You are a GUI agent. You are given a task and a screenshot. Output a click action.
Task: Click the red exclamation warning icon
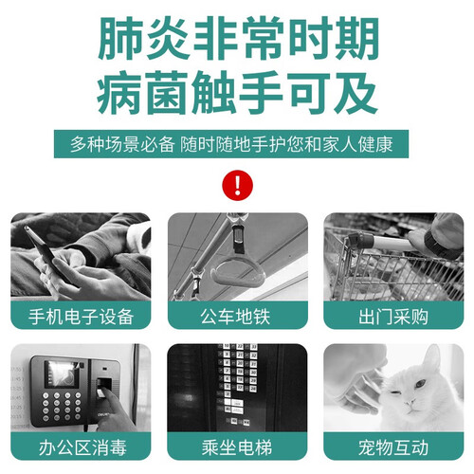pos(238,185)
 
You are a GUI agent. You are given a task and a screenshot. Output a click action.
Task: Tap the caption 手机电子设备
pos(81,317)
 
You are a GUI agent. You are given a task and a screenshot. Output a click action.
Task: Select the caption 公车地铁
pos(235,317)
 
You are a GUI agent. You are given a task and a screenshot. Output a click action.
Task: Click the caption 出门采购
pos(393,317)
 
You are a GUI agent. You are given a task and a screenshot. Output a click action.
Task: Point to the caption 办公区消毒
pos(82,447)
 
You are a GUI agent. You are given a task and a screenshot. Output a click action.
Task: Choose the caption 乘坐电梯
pos(237,447)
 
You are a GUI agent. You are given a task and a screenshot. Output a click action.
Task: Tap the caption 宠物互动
pos(393,447)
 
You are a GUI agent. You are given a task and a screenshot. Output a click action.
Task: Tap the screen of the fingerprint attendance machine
pos(63,374)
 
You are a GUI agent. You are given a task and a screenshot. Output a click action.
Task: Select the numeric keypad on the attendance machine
pos(62,407)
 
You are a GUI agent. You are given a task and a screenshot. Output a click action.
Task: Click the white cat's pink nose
pos(410,403)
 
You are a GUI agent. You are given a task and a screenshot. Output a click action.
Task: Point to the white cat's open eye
pos(420,384)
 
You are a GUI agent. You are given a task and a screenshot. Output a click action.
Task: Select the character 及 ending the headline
pos(355,93)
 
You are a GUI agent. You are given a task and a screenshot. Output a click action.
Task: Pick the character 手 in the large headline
pos(260,93)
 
